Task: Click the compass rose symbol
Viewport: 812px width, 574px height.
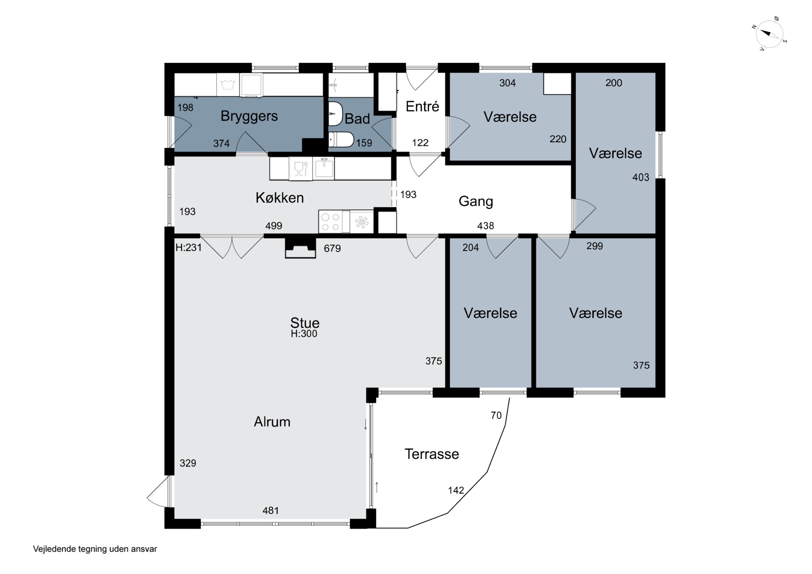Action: click(x=769, y=34)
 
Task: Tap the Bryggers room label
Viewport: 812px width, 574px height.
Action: click(x=249, y=116)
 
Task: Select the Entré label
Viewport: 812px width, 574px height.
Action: click(x=422, y=106)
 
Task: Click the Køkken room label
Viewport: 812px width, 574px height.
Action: click(x=280, y=198)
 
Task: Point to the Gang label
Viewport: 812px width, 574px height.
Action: click(x=476, y=201)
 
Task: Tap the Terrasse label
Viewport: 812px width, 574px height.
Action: click(x=432, y=454)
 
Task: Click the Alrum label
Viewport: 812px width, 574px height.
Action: click(x=272, y=422)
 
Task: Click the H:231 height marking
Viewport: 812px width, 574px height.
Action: click(x=188, y=248)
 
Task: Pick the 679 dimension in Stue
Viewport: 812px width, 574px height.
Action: click(x=332, y=248)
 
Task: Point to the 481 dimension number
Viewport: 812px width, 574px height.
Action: click(x=271, y=510)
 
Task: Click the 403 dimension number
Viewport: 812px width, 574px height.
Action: click(x=640, y=177)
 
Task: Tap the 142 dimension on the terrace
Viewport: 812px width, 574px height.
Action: click(x=456, y=490)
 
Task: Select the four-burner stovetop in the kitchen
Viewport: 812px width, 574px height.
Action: click(x=330, y=222)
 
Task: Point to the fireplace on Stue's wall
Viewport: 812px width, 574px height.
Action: click(x=300, y=248)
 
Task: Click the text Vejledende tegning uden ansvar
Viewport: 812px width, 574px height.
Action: click(x=95, y=549)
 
